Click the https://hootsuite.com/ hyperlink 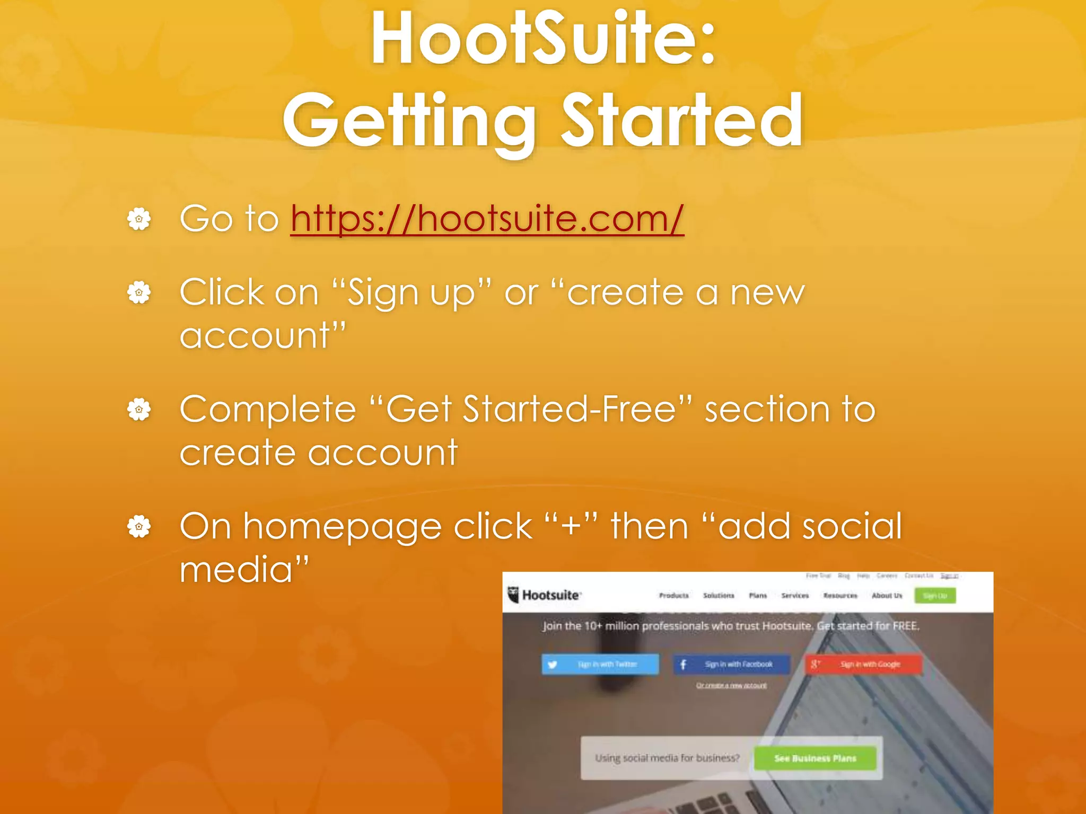coord(487,218)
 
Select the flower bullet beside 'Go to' coord(139,218)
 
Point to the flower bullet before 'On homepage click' coord(139,526)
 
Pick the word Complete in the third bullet coord(268,410)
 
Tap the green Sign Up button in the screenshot coord(935,596)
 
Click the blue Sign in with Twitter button coord(600,664)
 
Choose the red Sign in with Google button coord(863,664)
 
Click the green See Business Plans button coord(815,758)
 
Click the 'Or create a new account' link coord(731,686)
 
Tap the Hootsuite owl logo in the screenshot coord(513,595)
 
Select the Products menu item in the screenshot coord(673,596)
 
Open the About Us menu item coord(887,596)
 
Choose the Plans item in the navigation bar coord(758,596)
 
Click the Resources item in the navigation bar coord(840,596)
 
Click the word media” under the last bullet coord(244,570)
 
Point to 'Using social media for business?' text coord(667,758)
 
